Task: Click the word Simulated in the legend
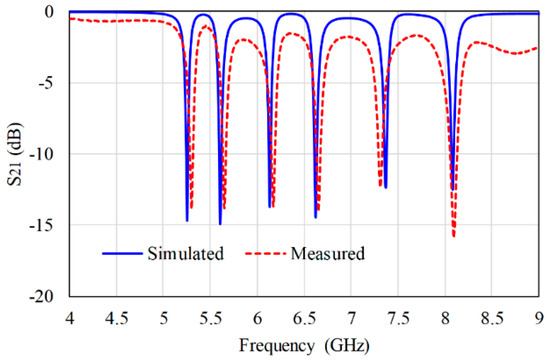186,253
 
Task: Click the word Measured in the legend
328,253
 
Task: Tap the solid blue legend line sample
122,253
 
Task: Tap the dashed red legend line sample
266,253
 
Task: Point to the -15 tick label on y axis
42,225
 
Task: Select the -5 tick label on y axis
45,83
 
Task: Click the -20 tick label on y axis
42,296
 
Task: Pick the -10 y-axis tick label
42,154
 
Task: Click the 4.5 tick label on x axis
116,319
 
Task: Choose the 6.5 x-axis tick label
304,319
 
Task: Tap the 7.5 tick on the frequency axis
398,319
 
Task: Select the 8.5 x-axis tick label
492,319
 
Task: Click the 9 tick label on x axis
539,319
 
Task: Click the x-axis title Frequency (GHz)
304,346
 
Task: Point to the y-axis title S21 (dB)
15,154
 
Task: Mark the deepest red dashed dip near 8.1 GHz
454,237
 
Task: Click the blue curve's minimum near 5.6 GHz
220,224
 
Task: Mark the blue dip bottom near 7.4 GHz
385,188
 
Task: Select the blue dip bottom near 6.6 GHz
315,218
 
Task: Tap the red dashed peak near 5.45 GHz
206,26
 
